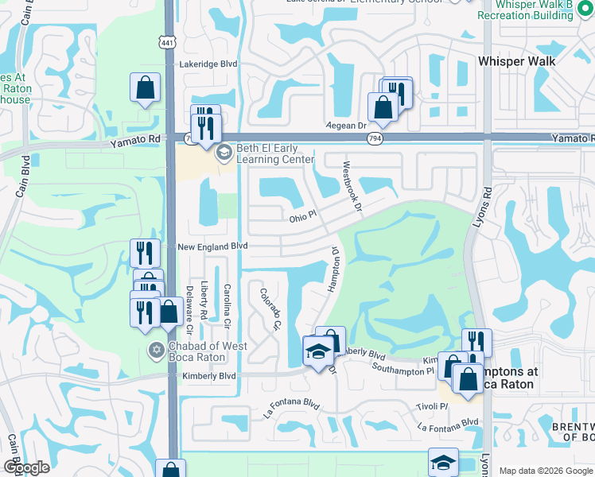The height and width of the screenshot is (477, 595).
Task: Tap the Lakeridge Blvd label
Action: (x=208, y=64)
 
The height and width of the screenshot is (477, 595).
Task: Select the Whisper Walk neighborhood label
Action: (x=516, y=60)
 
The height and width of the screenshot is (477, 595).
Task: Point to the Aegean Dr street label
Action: (x=344, y=126)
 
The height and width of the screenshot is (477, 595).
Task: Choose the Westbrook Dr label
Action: (x=351, y=188)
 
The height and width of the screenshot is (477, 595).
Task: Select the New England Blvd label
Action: (x=212, y=247)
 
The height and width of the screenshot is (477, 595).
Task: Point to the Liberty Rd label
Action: (x=204, y=303)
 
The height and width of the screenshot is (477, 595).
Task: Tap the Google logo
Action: (x=25, y=467)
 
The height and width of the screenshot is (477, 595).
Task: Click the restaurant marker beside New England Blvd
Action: (x=145, y=254)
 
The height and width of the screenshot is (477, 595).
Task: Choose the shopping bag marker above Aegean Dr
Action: (x=383, y=107)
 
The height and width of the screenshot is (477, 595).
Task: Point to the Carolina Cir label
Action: (x=227, y=307)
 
